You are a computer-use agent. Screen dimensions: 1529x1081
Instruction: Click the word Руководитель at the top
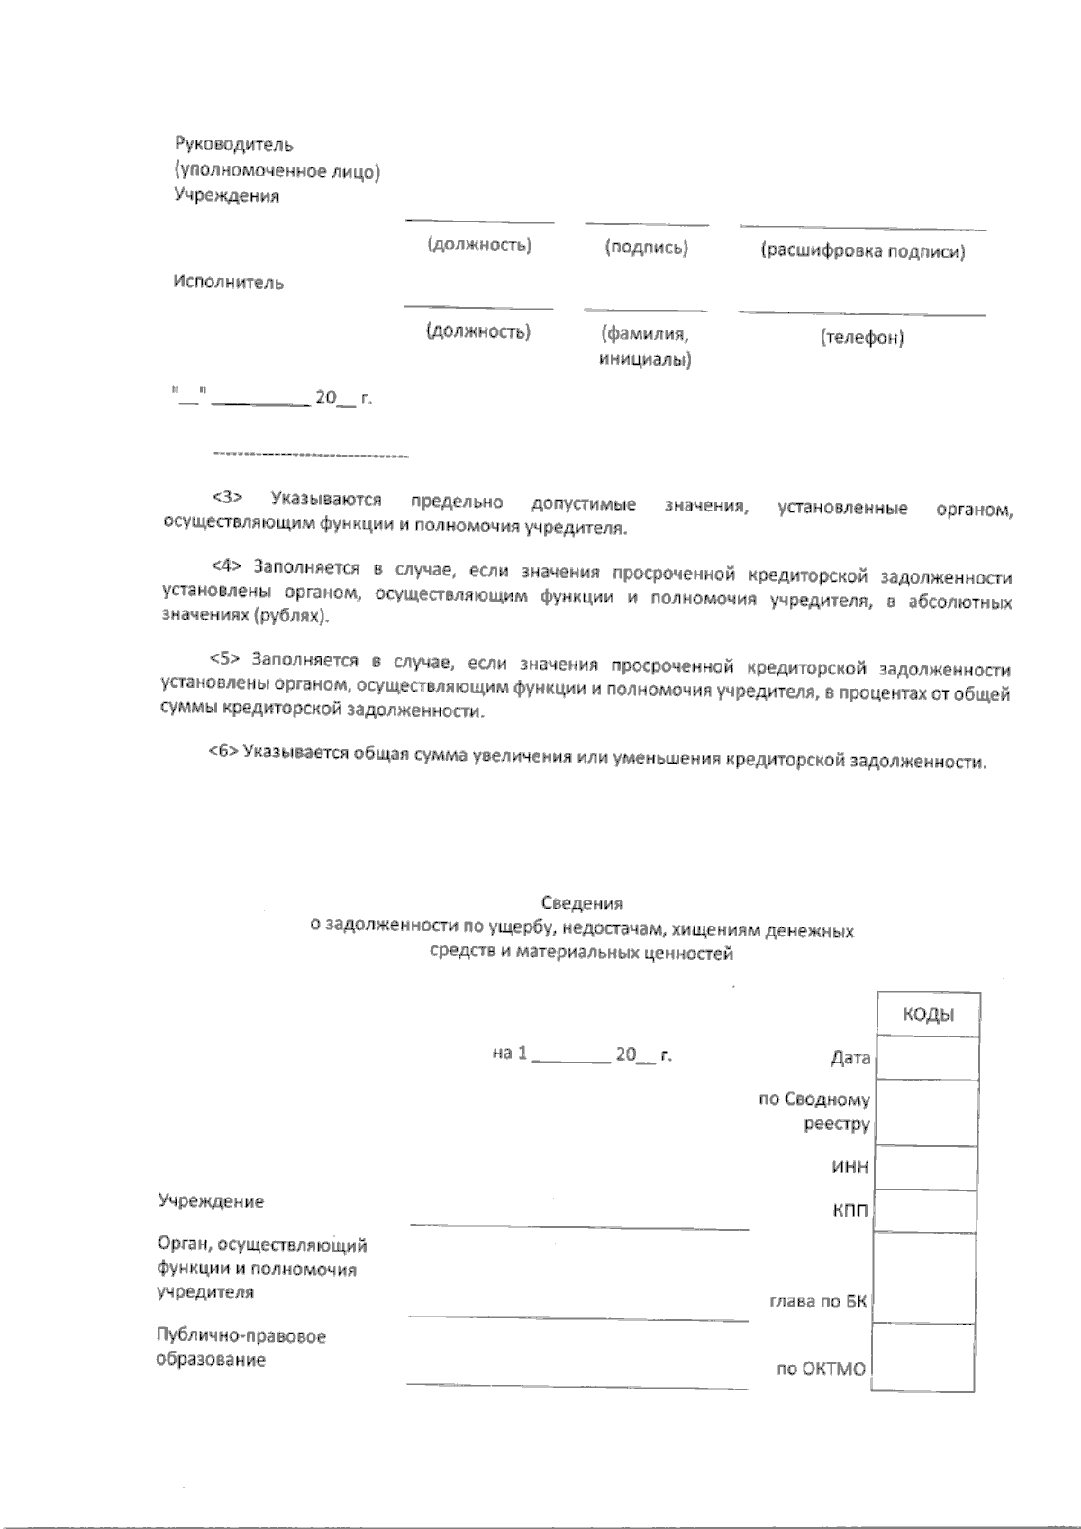(233, 144)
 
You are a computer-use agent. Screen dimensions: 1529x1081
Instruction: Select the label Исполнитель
(229, 283)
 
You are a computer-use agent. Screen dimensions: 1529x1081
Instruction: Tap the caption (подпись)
(646, 248)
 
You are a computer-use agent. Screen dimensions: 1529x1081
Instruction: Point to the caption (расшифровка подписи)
(862, 251)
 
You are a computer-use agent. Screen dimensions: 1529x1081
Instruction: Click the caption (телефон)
(861, 338)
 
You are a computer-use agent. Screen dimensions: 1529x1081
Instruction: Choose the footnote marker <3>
(227, 498)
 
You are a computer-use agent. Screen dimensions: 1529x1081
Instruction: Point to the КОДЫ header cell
(928, 1015)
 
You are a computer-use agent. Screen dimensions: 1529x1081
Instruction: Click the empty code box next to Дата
(927, 1058)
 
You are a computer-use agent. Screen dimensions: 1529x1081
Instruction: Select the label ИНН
(849, 1168)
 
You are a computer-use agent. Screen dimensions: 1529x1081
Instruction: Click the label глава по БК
(818, 1302)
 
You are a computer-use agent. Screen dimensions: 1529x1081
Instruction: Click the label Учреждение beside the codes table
(211, 1201)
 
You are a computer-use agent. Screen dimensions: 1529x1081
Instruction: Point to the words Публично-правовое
(241, 1336)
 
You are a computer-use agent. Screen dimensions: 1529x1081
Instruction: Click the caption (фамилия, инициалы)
(645, 348)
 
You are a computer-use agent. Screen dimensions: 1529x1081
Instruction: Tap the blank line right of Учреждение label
(579, 1223)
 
